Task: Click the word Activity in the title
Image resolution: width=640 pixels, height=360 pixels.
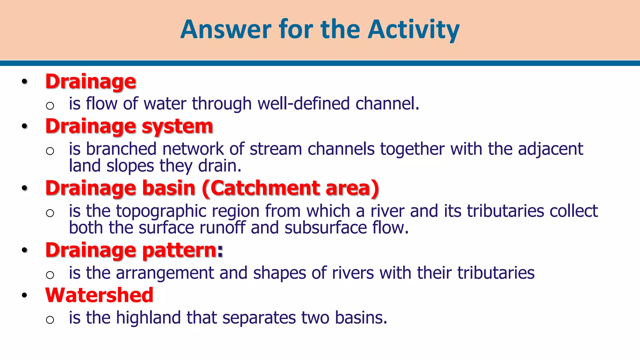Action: pyautogui.click(x=413, y=30)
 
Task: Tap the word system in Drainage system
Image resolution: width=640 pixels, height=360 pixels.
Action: pyautogui.click(x=177, y=127)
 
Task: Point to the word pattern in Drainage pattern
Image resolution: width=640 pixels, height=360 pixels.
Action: pyautogui.click(x=182, y=250)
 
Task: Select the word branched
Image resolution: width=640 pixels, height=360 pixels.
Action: pyautogui.click(x=121, y=149)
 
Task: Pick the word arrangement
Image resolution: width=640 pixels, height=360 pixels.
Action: pyautogui.click(x=165, y=273)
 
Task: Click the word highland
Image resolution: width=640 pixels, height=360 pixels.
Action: pyautogui.click(x=148, y=318)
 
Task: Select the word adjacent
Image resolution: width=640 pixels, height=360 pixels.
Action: pyautogui.click(x=550, y=149)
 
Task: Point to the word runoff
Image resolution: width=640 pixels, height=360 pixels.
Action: pyautogui.click(x=222, y=227)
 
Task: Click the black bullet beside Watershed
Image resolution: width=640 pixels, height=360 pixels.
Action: pyautogui.click(x=25, y=296)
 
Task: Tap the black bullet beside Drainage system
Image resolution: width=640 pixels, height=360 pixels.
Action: pyautogui.click(x=25, y=127)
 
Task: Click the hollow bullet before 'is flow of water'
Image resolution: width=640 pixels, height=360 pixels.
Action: pyautogui.click(x=50, y=106)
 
